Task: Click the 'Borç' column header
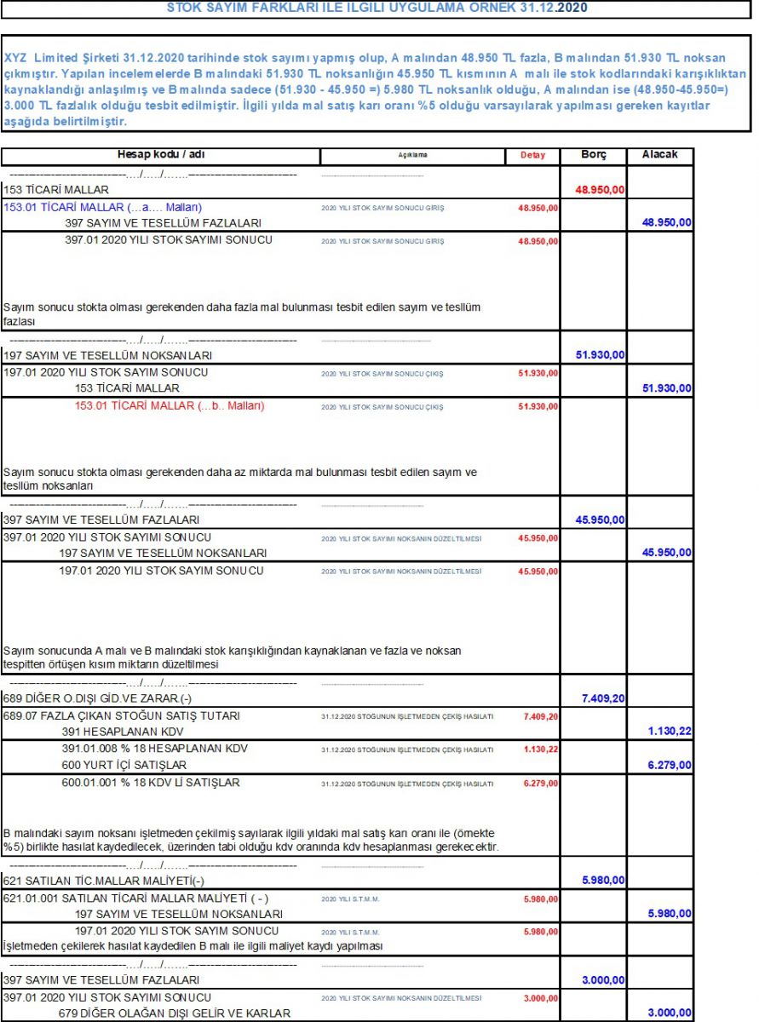coord(593,156)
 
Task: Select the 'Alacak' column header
coord(660,156)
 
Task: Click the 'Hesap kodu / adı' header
coord(160,155)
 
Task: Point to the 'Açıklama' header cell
coord(412,156)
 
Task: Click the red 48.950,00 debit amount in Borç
coord(600,190)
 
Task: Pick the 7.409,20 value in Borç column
coord(604,698)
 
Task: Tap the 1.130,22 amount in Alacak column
coord(669,732)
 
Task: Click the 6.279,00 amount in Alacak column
coord(669,765)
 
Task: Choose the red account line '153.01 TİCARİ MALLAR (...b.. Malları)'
coord(170,405)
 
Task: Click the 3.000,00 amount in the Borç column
coord(604,980)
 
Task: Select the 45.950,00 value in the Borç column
coord(600,520)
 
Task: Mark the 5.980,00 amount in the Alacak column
coord(669,914)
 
